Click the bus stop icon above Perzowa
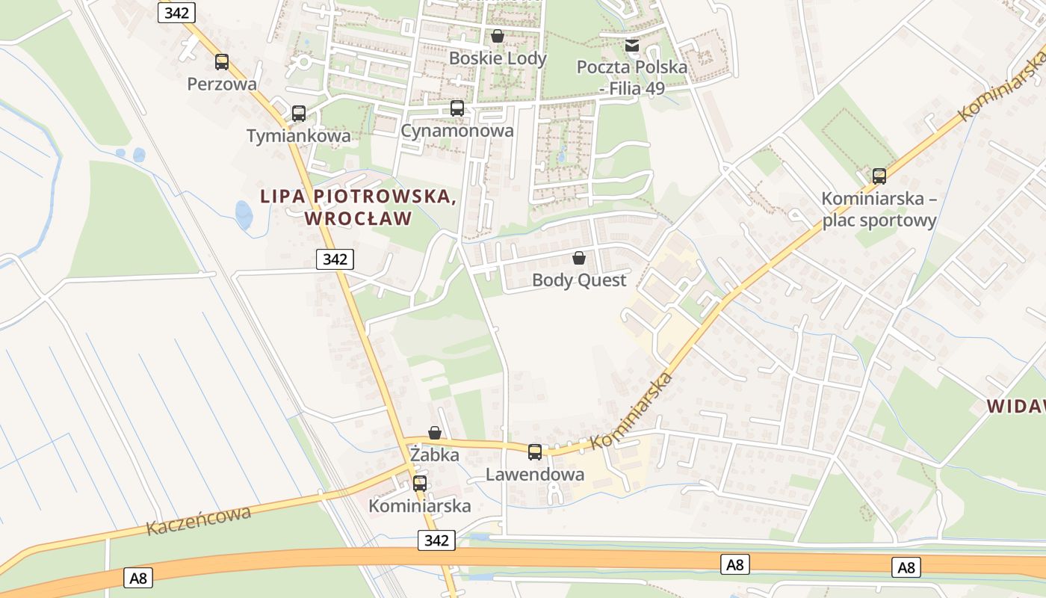coord(222,62)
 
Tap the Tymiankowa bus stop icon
coord(299,114)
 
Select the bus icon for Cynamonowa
coord(457,108)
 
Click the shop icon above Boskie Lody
coord(498,36)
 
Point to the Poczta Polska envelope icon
coord(632,46)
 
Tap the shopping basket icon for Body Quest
coord(578,259)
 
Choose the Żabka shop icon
coord(435,433)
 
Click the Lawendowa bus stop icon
coord(535,452)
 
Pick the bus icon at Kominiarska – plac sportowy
coord(879,176)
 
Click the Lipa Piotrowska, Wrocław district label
coord(359,207)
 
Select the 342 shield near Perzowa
coord(177,13)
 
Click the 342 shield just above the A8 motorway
coord(436,540)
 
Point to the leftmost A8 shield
coord(138,578)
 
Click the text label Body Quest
coord(579,280)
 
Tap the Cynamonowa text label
coord(457,131)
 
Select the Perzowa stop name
coord(222,84)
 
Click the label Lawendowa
coord(535,475)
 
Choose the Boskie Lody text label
coord(498,58)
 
